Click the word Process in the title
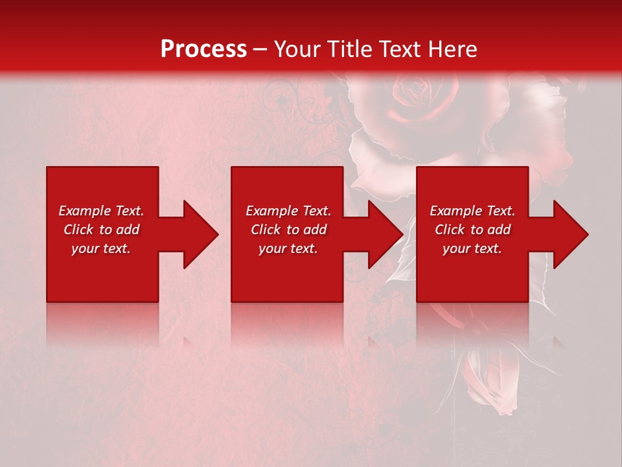point(203,49)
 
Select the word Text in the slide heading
point(401,49)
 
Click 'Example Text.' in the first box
point(101,211)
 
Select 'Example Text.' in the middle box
point(288,211)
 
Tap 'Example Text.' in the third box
point(472,211)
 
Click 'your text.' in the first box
point(101,248)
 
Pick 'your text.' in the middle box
point(288,248)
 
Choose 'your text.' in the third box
point(472,248)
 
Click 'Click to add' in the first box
point(101,230)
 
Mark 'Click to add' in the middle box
point(288,230)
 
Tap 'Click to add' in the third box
point(472,230)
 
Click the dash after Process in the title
point(260,50)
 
